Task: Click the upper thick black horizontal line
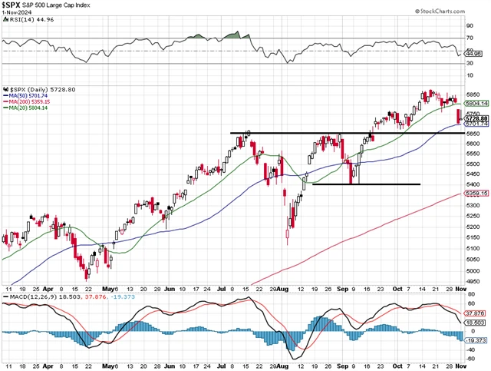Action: coord(345,134)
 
